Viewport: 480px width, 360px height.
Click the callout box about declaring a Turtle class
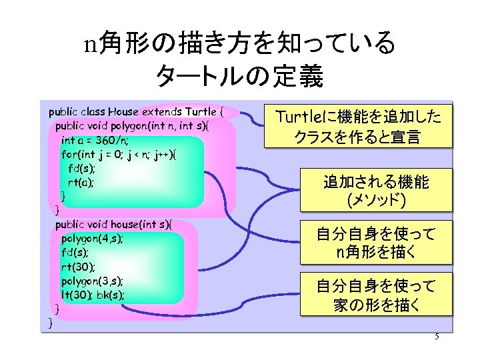tap(358, 127)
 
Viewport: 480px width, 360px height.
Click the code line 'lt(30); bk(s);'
tap(93, 295)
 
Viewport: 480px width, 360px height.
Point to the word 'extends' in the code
tap(163, 111)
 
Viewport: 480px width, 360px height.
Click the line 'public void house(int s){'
tap(113, 224)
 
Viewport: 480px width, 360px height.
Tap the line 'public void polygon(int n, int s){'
tap(131, 126)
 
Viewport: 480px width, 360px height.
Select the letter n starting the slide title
tap(91, 44)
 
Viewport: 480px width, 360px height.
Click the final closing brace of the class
tap(51, 323)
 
